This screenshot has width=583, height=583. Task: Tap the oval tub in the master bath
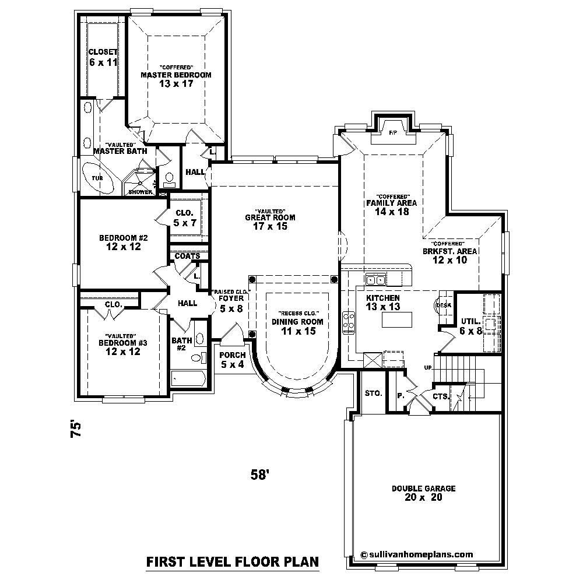pyautogui.click(x=98, y=177)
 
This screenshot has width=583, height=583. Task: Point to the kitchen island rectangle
pyautogui.click(x=396, y=319)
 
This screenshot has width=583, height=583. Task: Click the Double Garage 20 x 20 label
pyautogui.click(x=423, y=493)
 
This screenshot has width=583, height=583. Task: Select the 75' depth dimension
pyautogui.click(x=75, y=432)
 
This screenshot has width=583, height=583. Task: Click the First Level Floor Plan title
pyautogui.click(x=232, y=562)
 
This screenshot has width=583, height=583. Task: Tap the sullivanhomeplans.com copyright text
pyautogui.click(x=417, y=555)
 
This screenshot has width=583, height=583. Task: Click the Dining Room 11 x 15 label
pyautogui.click(x=294, y=326)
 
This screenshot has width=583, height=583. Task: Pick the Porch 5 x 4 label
pyautogui.click(x=233, y=360)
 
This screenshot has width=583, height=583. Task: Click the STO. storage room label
pyautogui.click(x=373, y=393)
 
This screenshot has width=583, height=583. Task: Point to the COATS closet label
pyautogui.click(x=188, y=256)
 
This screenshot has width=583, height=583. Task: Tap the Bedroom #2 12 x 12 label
pyautogui.click(x=123, y=242)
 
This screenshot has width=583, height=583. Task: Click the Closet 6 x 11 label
pyautogui.click(x=103, y=57)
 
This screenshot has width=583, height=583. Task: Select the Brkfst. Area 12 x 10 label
pyautogui.click(x=449, y=256)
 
